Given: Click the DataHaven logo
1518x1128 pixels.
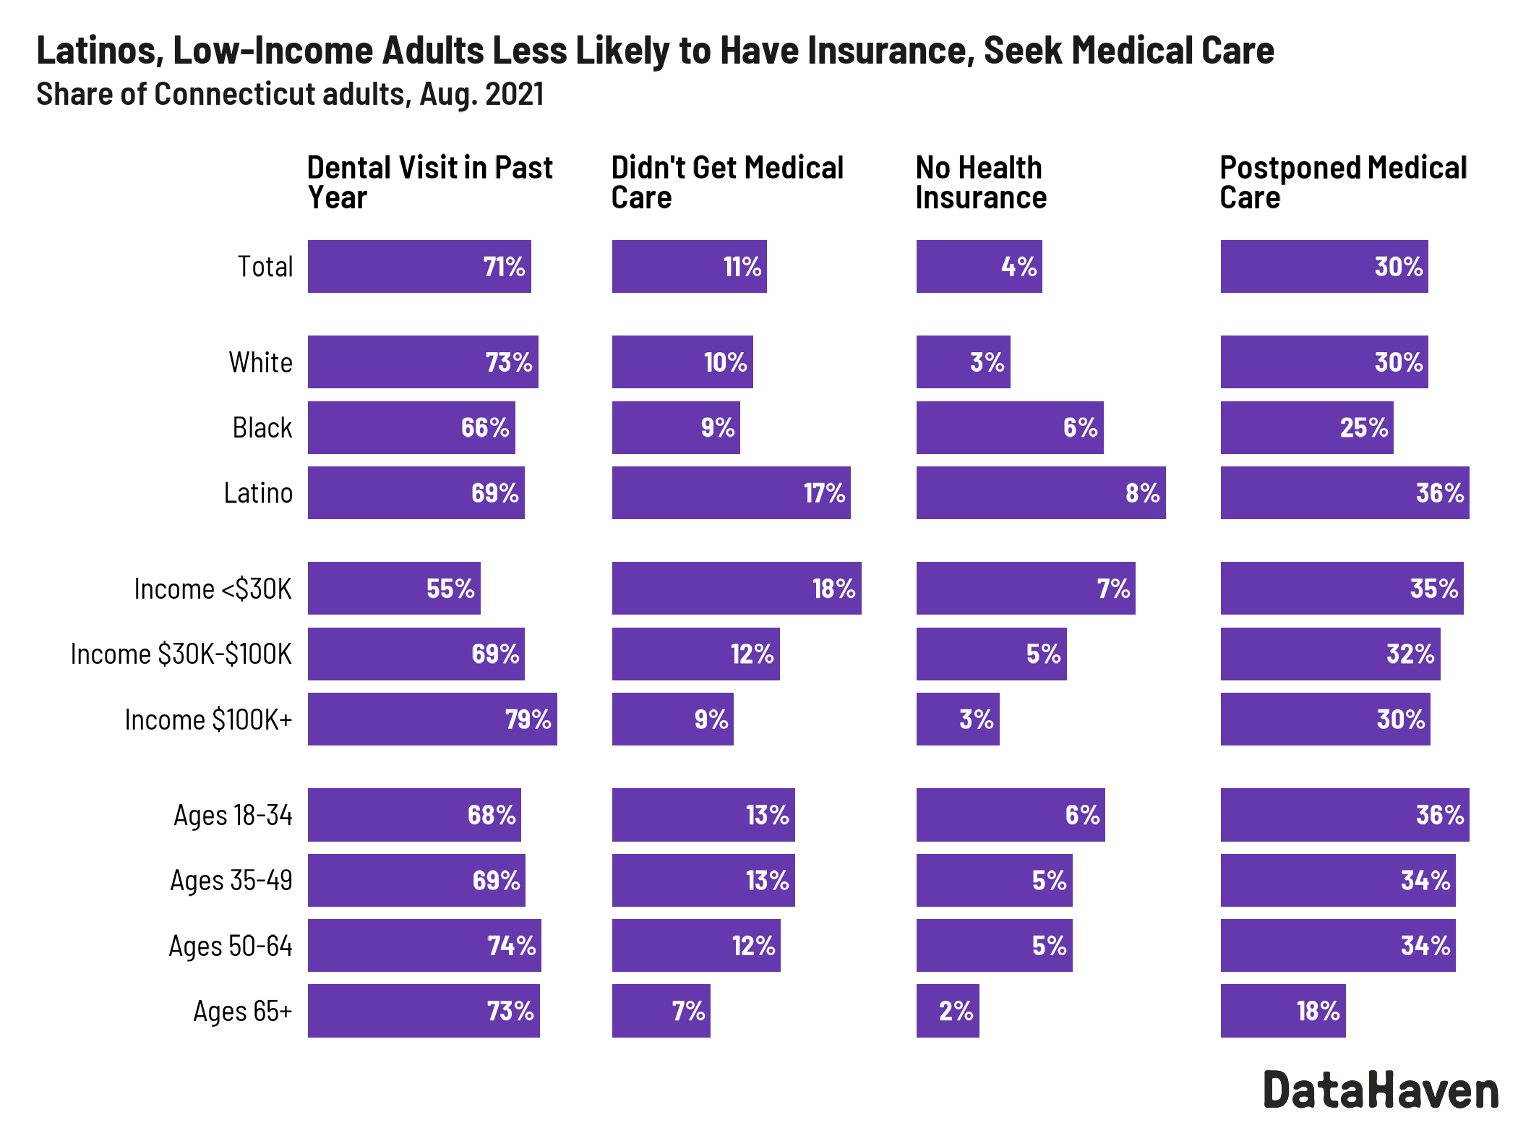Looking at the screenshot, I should coord(1381,1090).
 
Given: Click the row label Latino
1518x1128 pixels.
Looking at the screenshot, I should coord(258,493).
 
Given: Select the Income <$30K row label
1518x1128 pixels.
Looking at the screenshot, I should coord(213,589).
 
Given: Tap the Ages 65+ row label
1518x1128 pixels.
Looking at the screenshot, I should coord(242,1011).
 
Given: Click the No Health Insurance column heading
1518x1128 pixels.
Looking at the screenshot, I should coord(980,182).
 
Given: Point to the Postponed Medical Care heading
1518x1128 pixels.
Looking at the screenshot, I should coord(1342,182).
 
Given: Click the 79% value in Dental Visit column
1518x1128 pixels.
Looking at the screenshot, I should coord(528,719).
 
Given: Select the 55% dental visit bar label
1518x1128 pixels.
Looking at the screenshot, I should coord(450,589).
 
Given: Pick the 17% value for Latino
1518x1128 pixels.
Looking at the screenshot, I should coord(824,493).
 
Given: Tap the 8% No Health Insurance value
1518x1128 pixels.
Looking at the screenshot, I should coord(1142,493).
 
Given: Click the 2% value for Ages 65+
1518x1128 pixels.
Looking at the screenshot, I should coord(956,1011).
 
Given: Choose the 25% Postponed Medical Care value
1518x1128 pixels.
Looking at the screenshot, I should coord(1363,428).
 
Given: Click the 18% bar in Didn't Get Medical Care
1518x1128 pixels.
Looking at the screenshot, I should coord(736,589).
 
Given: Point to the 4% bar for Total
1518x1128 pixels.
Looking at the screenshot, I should coord(979,267).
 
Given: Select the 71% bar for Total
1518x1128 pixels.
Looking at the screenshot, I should coord(419,267).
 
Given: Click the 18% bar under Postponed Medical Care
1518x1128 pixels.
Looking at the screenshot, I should coord(1282,1011).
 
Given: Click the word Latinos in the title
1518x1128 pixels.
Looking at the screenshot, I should coord(99,51).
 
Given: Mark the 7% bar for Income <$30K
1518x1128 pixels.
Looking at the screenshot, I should coord(1025,589).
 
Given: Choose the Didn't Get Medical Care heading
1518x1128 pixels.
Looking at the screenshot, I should coord(726,182).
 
